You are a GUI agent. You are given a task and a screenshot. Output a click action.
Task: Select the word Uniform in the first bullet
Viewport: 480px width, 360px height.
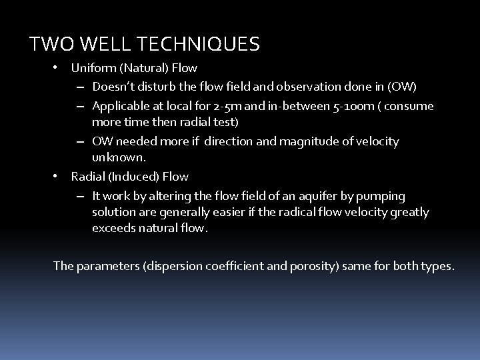91,67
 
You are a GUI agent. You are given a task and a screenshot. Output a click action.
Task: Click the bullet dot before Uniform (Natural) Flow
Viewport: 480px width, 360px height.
57,67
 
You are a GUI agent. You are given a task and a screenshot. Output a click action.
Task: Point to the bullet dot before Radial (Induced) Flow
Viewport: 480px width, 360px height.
57,177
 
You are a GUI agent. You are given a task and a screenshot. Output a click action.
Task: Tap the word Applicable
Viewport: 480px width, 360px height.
119,106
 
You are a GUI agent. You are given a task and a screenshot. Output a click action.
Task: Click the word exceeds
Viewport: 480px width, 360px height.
113,228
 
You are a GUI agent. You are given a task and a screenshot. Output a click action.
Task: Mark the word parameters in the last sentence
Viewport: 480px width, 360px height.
105,266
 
